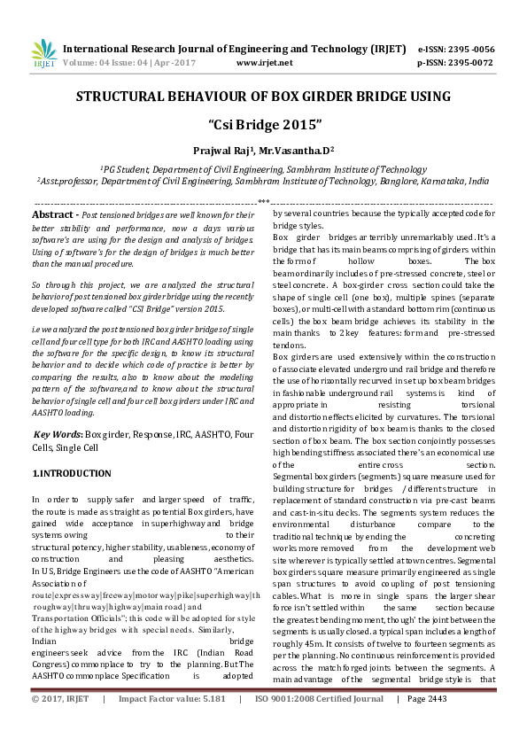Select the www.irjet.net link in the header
265,63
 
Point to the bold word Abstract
51,215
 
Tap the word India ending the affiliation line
479,180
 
